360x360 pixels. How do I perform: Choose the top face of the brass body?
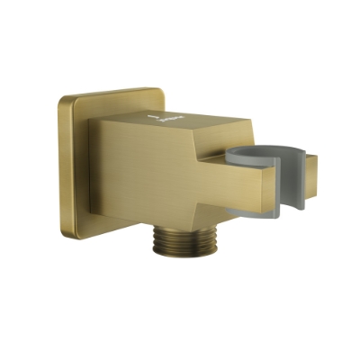[180, 112]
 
